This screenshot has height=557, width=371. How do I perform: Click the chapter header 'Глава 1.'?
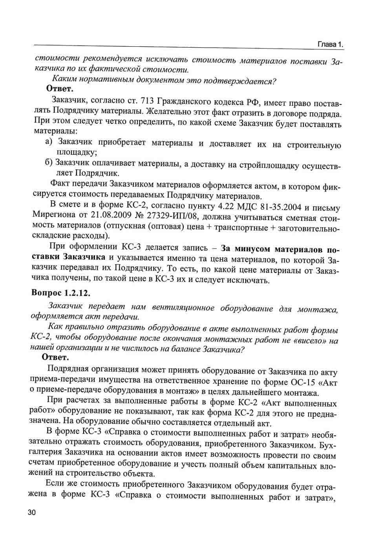[x=330, y=44]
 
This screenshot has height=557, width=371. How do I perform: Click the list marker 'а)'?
[x=49, y=141]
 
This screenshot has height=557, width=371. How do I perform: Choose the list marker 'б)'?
[x=49, y=162]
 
